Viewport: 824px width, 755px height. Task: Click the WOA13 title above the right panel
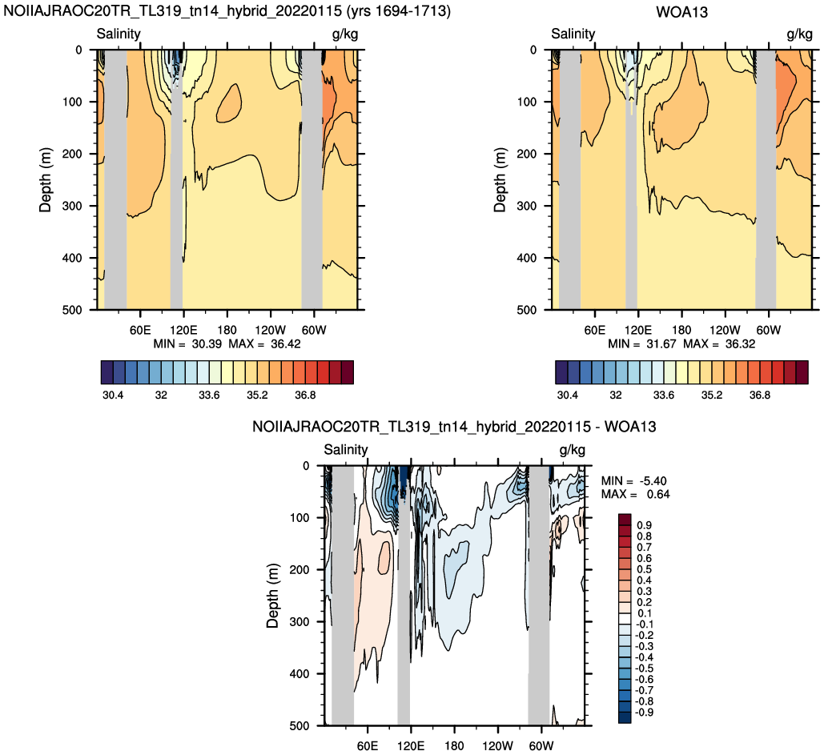[681, 11]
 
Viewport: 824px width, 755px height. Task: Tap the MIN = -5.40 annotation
[633, 481]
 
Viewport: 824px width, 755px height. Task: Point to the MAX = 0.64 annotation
[635, 495]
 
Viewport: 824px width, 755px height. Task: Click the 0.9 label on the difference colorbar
[645, 525]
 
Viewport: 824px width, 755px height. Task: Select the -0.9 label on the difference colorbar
[645, 713]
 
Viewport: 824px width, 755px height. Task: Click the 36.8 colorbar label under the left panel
[305, 395]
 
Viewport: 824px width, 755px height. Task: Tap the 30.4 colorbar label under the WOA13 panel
[567, 395]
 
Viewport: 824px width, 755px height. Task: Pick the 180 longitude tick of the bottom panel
[454, 746]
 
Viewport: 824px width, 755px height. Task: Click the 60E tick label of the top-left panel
[140, 330]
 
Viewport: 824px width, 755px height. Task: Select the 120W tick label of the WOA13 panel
[725, 330]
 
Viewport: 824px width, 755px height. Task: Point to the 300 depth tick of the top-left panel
[73, 206]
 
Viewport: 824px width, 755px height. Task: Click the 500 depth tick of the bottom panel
[299, 726]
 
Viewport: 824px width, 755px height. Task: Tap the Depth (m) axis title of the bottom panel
[272, 596]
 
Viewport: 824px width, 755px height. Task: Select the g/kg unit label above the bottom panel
[572, 450]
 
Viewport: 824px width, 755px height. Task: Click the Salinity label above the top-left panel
[119, 34]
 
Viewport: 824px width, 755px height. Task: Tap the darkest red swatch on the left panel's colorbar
[348, 372]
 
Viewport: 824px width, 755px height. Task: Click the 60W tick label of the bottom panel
[541, 746]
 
